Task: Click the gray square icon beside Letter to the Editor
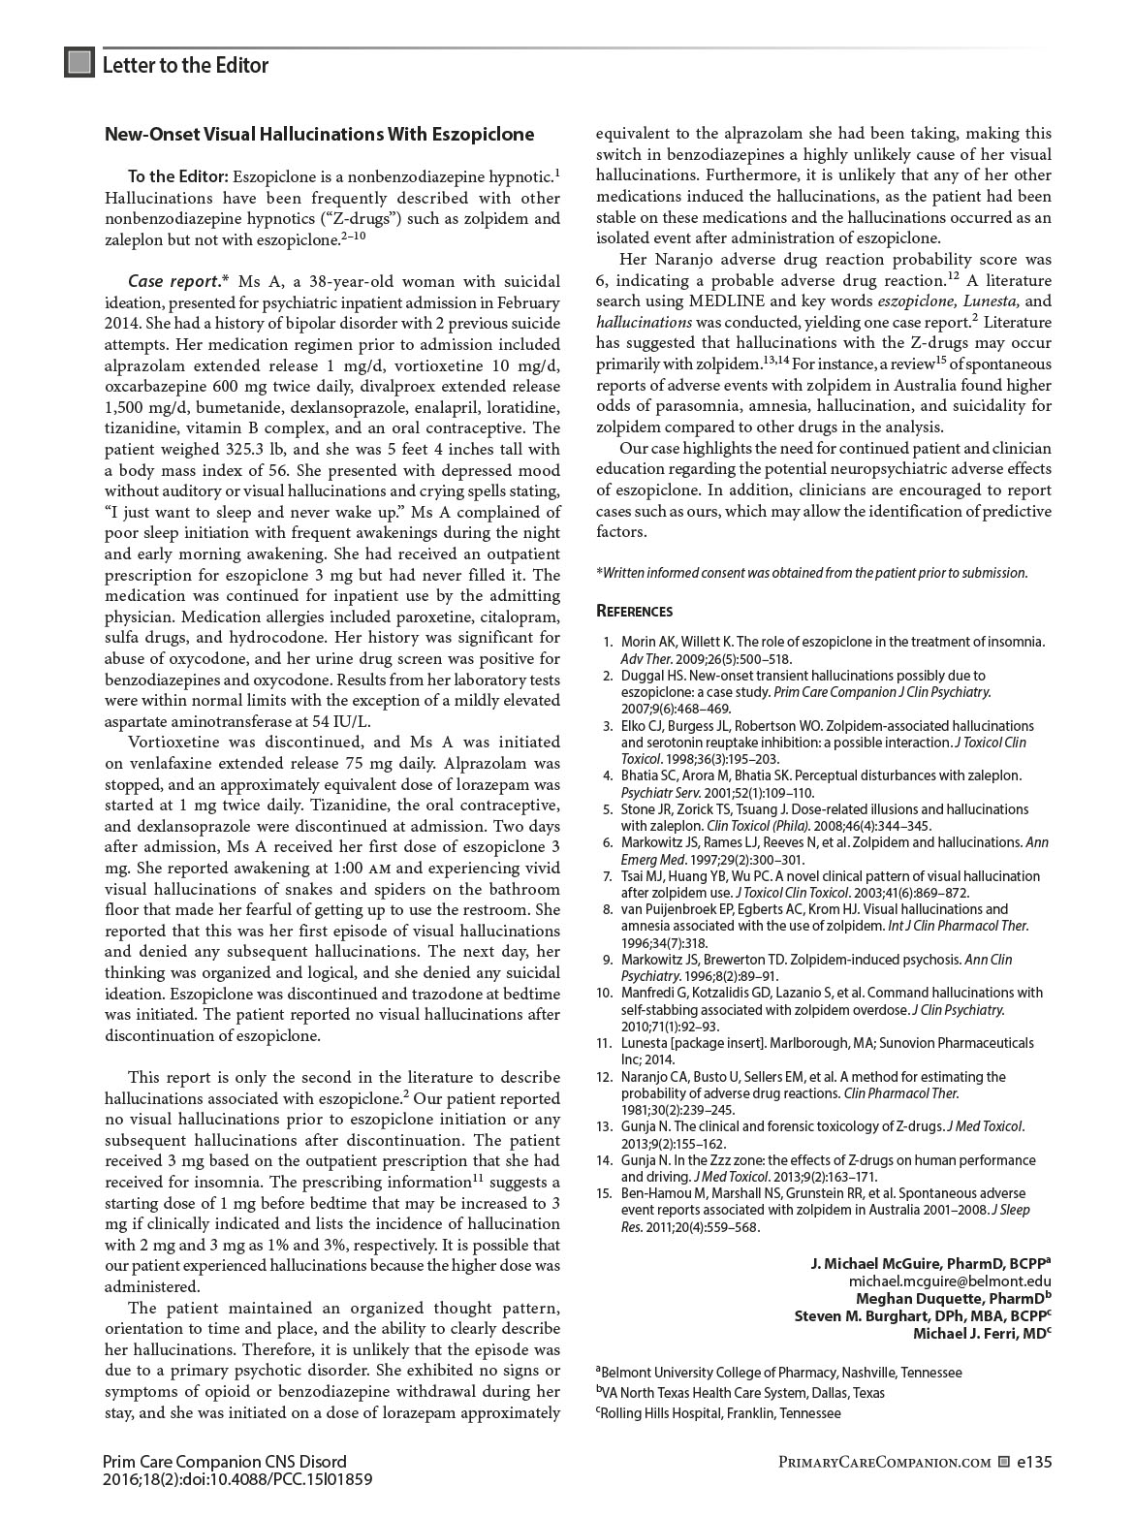(x=79, y=63)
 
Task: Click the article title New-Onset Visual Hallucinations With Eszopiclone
(x=319, y=135)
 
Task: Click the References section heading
(x=634, y=612)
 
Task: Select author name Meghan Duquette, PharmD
(x=953, y=1298)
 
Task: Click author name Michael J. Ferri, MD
(x=982, y=1333)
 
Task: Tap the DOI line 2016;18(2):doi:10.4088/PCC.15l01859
(x=237, y=1480)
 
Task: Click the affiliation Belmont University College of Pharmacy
(x=780, y=1373)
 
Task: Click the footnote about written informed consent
(x=811, y=573)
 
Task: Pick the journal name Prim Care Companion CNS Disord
(x=224, y=1462)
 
